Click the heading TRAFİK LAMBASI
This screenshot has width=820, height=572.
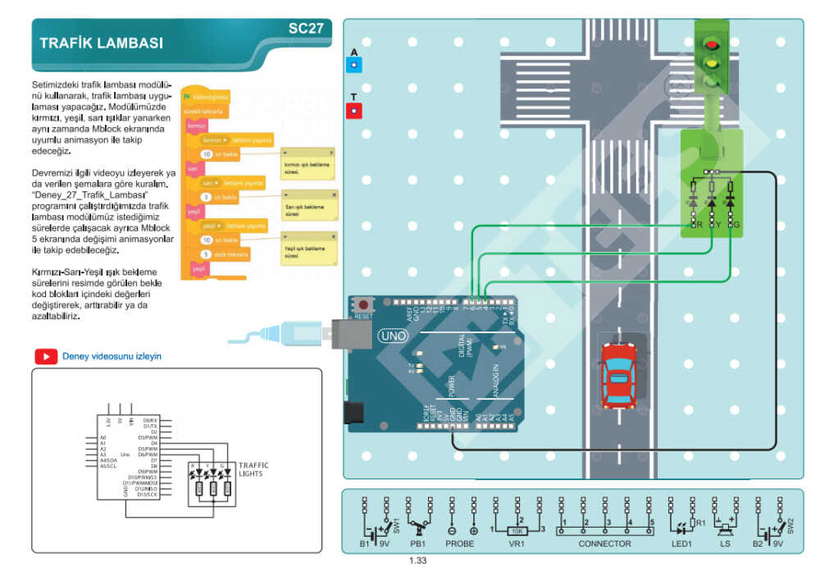click(x=101, y=43)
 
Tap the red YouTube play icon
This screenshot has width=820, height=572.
click(x=45, y=356)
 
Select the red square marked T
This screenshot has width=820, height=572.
click(x=353, y=110)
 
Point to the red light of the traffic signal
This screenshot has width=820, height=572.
click(x=713, y=44)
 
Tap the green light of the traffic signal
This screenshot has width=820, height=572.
click(x=713, y=80)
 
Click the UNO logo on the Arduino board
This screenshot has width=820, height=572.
click(x=392, y=336)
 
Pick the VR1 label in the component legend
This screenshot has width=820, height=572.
click(x=516, y=543)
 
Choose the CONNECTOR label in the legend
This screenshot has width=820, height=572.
click(x=604, y=543)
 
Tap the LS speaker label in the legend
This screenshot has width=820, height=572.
click(x=725, y=543)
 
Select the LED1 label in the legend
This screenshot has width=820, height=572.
click(x=683, y=543)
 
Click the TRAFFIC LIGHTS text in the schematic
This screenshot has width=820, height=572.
click(x=253, y=469)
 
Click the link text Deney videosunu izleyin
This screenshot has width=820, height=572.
click(x=112, y=356)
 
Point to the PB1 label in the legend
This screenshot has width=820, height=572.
click(x=418, y=543)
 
